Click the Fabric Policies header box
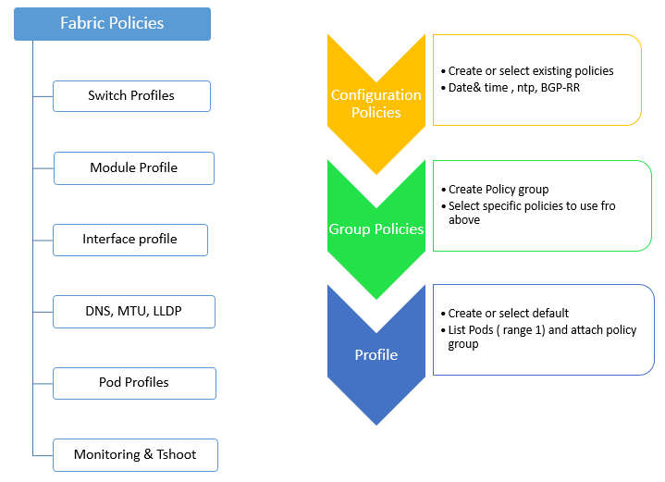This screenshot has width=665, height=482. coord(113,24)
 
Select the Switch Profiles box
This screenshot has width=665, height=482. coord(131,96)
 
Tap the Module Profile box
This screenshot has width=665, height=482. coord(134,168)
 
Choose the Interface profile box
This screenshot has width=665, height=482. coord(130,240)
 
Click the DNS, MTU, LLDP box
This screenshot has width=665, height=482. coord(134,312)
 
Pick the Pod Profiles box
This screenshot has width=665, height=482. coord(134,383)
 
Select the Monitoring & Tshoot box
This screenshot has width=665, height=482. coord(135,455)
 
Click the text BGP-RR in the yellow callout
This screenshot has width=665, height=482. coord(560,88)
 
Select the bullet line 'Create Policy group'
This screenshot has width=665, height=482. coord(495,190)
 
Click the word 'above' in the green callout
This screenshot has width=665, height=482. coord(464,220)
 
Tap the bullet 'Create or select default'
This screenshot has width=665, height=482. coord(505,313)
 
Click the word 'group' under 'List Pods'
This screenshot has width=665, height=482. coord(463,344)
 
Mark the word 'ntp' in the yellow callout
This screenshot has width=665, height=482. coord(525,88)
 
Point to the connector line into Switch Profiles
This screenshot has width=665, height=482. coord(43,97)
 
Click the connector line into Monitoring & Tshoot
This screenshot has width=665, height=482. coord(43,456)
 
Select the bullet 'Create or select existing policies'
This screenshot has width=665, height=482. coord(527,71)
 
